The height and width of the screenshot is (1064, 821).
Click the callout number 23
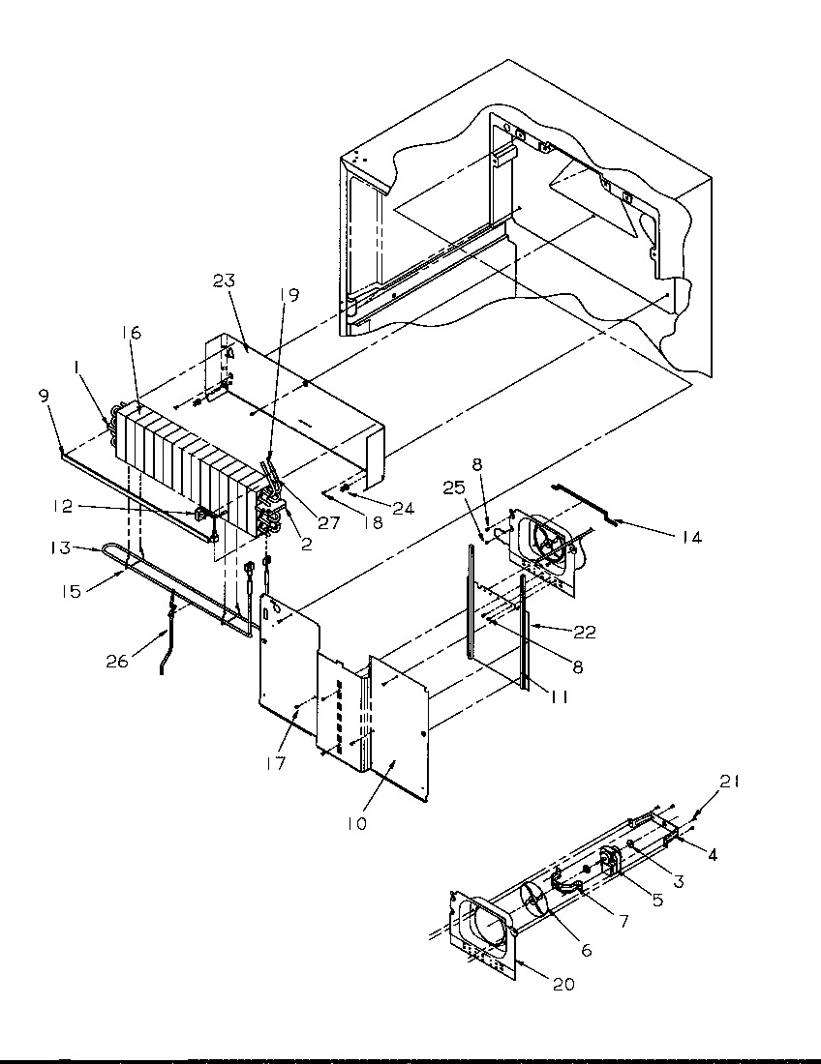pyautogui.click(x=226, y=281)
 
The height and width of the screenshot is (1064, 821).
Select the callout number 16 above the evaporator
pyautogui.click(x=132, y=333)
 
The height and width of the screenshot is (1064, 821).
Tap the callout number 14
pyautogui.click(x=690, y=538)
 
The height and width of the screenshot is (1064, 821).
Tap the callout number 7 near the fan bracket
pyautogui.click(x=623, y=922)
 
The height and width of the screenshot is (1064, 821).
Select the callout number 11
pyautogui.click(x=559, y=695)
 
